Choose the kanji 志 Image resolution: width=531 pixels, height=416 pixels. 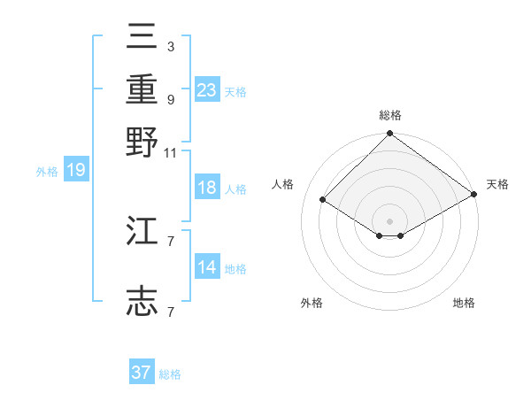point(142,301)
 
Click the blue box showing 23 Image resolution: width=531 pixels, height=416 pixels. point(207,89)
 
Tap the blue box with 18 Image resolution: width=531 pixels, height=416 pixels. point(207,189)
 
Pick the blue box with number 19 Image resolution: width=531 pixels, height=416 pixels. point(75,170)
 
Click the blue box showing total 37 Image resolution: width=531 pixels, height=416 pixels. point(142,373)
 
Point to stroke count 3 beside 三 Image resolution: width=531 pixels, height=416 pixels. point(170,45)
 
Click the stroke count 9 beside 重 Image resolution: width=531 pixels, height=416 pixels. point(170,99)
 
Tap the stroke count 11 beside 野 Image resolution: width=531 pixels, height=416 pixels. point(170,152)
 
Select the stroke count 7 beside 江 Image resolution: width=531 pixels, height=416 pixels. point(170,241)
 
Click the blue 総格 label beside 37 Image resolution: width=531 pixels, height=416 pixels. point(170,374)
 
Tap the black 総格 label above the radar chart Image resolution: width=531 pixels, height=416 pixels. point(389,115)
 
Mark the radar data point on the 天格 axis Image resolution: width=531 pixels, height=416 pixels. point(474,195)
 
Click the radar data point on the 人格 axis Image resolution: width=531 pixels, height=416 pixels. point(323,200)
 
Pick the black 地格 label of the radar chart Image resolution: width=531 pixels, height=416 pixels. point(464,303)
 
